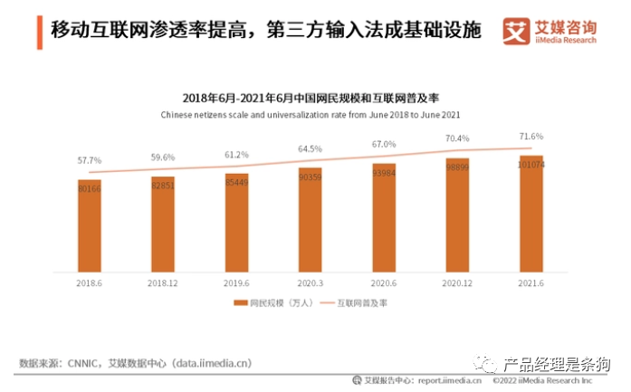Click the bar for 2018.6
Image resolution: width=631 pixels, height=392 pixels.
pos(89,225)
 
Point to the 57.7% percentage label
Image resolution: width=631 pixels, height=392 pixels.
pos(89,160)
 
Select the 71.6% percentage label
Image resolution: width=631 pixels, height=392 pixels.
pos(531,136)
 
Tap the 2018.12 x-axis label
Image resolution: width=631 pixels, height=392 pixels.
pos(163,282)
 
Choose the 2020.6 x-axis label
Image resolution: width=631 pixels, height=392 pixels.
pos(384,282)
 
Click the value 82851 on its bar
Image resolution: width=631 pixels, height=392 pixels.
pos(163,185)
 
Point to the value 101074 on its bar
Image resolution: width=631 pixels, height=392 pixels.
pos(531,164)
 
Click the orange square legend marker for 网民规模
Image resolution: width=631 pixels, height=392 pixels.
pos(241,303)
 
